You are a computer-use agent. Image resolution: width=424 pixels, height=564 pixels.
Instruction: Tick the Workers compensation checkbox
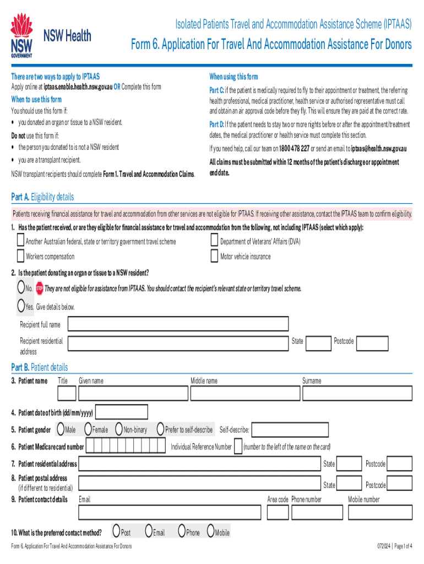[x=21, y=256]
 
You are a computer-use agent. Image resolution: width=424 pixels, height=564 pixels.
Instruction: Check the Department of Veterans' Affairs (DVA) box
[x=215, y=241]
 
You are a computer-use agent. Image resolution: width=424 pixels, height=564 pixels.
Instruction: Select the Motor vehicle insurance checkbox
[x=215, y=256]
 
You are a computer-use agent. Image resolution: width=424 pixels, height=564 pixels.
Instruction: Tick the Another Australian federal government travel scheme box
[x=21, y=241]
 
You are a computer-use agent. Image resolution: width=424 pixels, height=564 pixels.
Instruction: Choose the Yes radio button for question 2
[x=21, y=306]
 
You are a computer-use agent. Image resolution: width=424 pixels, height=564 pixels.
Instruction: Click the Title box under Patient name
[x=67, y=393]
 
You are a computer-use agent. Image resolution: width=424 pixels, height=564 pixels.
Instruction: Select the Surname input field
[x=357, y=393]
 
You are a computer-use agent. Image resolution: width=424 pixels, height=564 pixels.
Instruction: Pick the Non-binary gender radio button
[x=119, y=429]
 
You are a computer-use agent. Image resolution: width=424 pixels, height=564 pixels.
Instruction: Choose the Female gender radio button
[x=88, y=429]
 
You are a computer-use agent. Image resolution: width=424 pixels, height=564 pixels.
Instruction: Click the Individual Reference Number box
[x=237, y=447]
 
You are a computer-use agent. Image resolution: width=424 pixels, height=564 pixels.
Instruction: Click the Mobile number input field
[x=379, y=512]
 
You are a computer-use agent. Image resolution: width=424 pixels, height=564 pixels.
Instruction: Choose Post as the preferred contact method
[x=116, y=532]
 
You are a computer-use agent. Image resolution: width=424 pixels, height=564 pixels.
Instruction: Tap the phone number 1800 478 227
[x=293, y=149]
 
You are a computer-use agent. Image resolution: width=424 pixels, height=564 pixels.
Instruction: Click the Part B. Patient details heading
[x=40, y=367]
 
